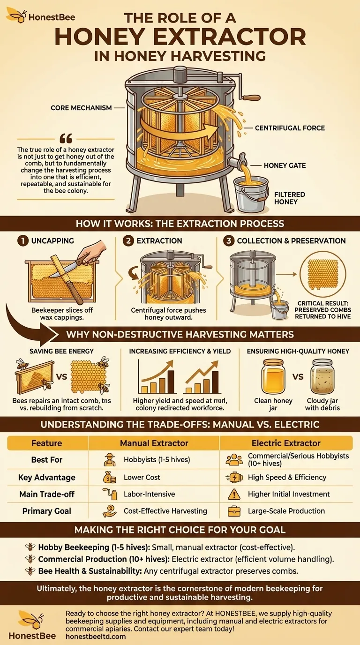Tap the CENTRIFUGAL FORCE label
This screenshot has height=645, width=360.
pos(290,127)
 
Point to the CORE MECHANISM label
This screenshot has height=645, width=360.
pos(81,108)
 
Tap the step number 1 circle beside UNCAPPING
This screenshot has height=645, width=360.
pos(22,240)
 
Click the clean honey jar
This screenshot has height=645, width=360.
pos(273,378)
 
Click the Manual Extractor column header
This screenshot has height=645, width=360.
pos(154,443)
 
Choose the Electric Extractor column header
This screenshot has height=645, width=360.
pos(286,443)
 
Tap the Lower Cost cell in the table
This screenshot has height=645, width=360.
pos(142,477)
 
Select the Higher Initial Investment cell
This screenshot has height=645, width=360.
pos(289,494)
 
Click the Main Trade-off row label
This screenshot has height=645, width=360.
pos(46,494)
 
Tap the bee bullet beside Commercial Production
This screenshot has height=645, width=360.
pos(31,559)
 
